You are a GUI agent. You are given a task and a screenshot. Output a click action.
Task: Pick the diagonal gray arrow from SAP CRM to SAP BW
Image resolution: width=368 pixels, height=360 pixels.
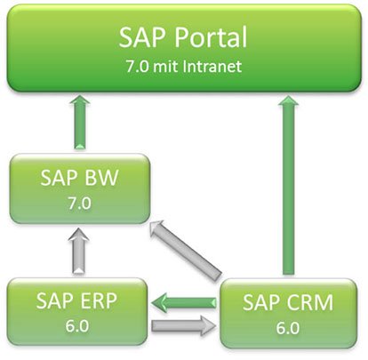186,248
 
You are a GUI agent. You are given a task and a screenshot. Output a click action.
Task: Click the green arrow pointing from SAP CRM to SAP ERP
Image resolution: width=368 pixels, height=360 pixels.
186,300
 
